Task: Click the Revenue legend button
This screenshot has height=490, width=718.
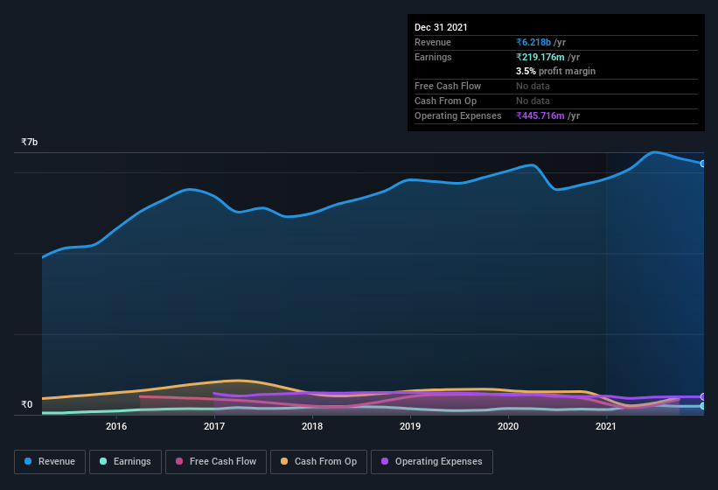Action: click(x=49, y=461)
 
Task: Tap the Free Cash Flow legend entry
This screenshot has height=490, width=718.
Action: click(x=215, y=461)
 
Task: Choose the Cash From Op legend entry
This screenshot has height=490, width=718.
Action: click(x=318, y=461)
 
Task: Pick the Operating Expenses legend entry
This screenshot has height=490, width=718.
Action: click(x=431, y=461)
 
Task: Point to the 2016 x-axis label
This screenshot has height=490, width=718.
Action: click(x=116, y=426)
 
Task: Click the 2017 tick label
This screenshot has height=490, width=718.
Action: click(x=214, y=426)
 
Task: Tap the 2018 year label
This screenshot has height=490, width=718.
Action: click(x=312, y=426)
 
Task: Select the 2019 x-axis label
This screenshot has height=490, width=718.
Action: click(x=410, y=426)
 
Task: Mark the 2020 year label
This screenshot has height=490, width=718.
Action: click(x=508, y=426)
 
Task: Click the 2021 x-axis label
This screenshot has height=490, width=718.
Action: click(x=606, y=426)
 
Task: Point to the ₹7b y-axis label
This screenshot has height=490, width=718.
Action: click(x=30, y=142)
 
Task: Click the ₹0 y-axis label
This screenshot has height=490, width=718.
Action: click(x=26, y=404)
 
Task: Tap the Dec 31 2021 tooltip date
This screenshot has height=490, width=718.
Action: click(x=441, y=27)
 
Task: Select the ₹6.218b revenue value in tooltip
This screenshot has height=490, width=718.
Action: click(x=534, y=42)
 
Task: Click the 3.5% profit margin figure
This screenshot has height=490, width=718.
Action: click(x=526, y=71)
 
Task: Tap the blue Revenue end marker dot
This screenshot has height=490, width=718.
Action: click(x=702, y=164)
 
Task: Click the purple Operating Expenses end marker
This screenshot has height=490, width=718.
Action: click(x=702, y=396)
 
